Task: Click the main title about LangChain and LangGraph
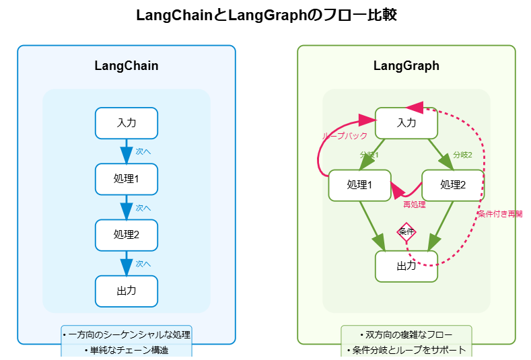(266, 15)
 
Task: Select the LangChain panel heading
(127, 66)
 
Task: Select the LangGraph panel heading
(406, 66)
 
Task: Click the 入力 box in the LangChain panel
(127, 123)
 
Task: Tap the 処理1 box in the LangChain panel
(127, 179)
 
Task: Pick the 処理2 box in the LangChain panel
(127, 235)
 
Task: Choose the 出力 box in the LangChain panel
(127, 291)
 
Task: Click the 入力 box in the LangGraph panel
(406, 123)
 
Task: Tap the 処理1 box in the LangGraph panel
(360, 185)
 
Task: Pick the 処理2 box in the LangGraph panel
(453, 185)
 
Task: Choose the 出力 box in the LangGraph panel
(406, 266)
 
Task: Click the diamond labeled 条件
(406, 232)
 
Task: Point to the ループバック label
(345, 136)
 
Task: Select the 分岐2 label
(462, 155)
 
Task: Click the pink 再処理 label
(414, 205)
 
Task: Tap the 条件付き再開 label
(500, 214)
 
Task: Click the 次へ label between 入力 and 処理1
(143, 151)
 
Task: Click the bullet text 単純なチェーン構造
(127, 351)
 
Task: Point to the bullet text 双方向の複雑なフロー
(406, 334)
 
